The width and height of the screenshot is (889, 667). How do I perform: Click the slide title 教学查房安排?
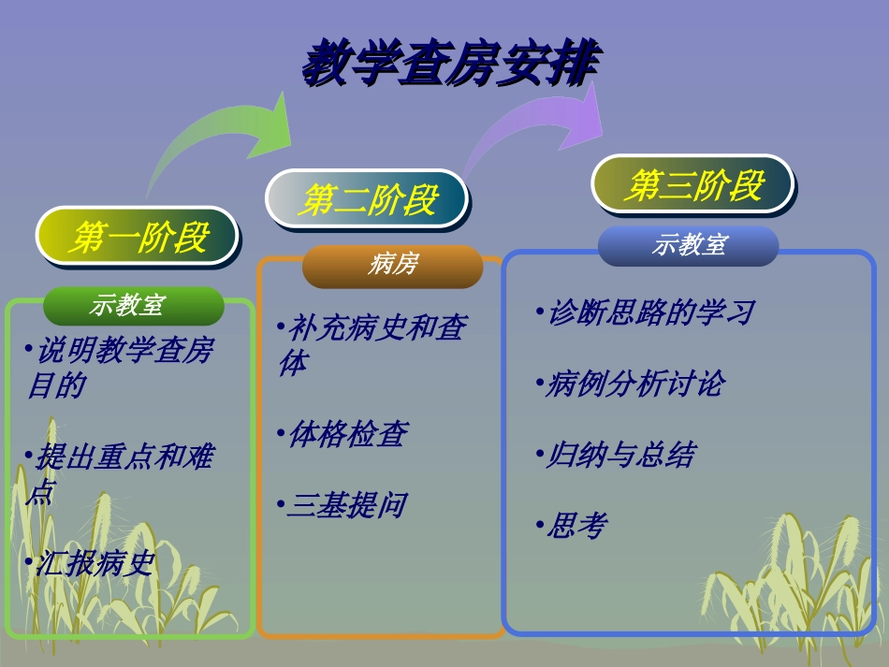click(x=451, y=63)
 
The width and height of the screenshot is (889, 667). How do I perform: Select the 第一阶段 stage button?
click(x=137, y=236)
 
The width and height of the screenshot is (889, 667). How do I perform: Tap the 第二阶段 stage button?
click(x=367, y=199)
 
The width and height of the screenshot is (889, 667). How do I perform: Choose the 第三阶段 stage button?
click(x=692, y=184)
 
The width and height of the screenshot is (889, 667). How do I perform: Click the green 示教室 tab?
click(x=134, y=306)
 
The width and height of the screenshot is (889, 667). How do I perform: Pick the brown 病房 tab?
click(x=392, y=266)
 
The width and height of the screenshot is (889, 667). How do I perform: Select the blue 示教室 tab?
click(x=689, y=245)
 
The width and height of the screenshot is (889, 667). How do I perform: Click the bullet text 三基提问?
click(x=347, y=505)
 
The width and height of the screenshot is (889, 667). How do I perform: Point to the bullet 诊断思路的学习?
click(x=651, y=312)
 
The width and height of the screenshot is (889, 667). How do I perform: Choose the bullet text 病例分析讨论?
click(x=635, y=384)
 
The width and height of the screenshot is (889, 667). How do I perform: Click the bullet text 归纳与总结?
click(x=621, y=455)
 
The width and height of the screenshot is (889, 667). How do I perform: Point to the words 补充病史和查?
click(x=378, y=327)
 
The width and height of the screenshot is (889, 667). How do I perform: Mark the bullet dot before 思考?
click(x=540, y=526)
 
